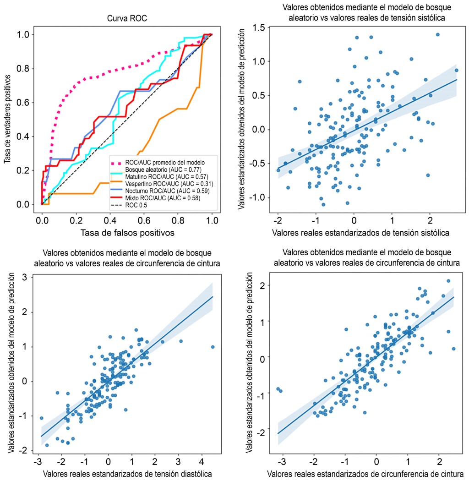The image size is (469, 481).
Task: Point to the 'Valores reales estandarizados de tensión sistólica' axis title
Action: pos(360,233)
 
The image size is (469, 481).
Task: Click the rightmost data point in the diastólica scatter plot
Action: pos(213,347)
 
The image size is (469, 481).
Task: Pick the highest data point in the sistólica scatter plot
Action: pos(437,34)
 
